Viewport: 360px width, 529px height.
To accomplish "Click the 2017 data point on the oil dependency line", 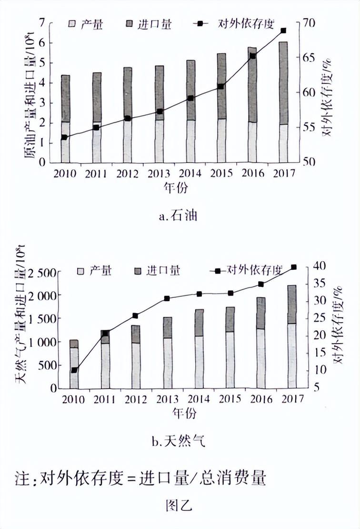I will point(283,31).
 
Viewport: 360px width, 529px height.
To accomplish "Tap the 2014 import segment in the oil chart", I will point(190,90).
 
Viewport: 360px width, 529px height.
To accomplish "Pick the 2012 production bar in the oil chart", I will point(128,142).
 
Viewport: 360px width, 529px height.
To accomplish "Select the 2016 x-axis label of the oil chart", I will point(252,173).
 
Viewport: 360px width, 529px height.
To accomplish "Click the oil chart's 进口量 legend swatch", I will point(129,23).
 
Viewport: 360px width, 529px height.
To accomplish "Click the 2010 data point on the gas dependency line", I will point(74,370).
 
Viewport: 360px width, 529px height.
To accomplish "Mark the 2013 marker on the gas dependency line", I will point(167,298).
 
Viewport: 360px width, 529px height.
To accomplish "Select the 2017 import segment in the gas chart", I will point(291,305).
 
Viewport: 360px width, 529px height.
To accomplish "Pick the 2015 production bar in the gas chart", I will point(230,360).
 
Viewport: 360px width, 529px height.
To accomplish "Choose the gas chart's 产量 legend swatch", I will point(81,271).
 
